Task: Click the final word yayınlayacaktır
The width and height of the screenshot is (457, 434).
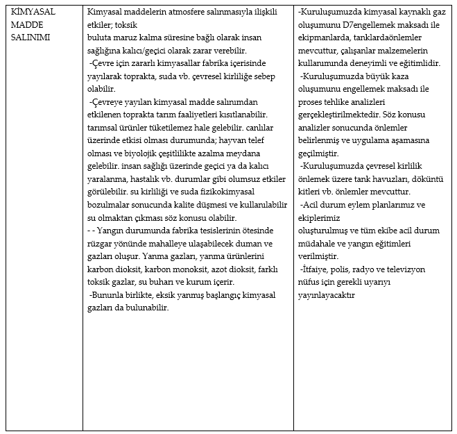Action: [327, 294]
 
